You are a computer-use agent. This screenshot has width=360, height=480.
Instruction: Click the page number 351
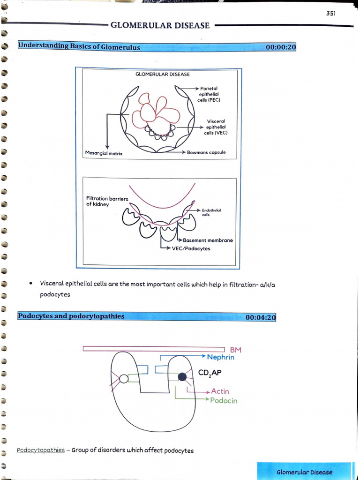331,14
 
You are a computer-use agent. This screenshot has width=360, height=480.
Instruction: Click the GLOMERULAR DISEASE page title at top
160,26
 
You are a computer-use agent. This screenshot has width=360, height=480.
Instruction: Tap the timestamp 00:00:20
281,47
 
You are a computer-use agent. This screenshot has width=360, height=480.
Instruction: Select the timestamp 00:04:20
261,317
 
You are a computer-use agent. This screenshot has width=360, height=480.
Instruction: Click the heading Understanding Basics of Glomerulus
79,47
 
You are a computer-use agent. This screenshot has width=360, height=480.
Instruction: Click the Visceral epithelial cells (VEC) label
216,127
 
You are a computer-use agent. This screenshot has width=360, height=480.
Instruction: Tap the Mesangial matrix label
104,153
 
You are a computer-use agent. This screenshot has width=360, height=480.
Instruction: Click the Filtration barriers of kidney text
107,202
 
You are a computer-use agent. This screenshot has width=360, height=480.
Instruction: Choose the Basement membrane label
208,240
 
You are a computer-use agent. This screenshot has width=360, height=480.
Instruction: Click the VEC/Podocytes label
191,248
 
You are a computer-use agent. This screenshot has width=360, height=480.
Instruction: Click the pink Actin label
220,391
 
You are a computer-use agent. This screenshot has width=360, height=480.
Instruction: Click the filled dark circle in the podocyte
182,376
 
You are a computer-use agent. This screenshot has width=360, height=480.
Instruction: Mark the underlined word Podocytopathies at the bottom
41,450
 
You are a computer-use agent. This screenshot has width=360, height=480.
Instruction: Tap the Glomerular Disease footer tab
304,472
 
